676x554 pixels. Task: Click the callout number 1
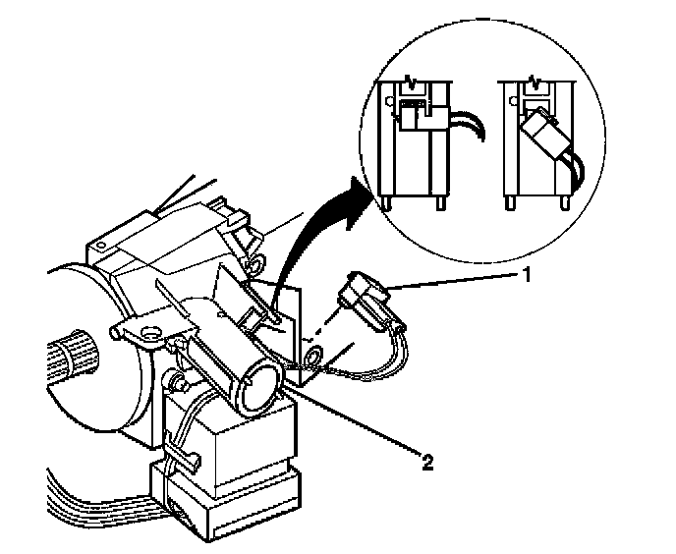click(528, 276)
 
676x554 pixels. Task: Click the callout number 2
click(427, 458)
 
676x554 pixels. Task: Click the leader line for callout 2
click(354, 423)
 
